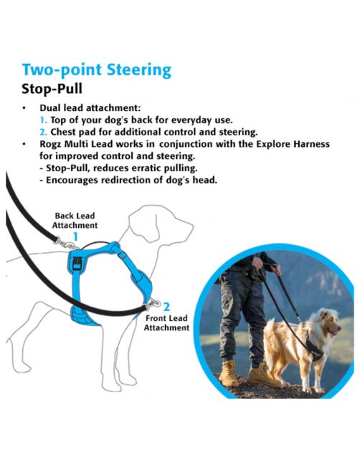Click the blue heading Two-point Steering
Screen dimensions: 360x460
click(97, 70)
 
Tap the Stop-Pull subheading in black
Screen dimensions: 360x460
click(52, 89)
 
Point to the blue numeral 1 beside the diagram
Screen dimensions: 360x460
click(75, 236)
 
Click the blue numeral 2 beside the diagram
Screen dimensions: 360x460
click(166, 307)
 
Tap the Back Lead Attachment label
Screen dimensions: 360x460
click(75, 221)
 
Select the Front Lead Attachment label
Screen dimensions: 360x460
click(166, 322)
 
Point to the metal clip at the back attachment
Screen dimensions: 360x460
click(66, 244)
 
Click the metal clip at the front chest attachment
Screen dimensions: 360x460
click(153, 304)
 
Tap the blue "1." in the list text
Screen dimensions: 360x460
click(44, 120)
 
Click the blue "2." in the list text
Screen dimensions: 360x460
click(44, 133)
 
